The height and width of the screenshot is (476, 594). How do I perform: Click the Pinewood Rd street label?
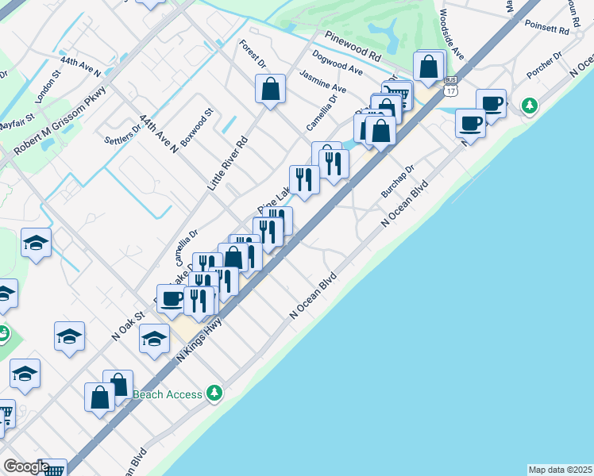click(x=353, y=48)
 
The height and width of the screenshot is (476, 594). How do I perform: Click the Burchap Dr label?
click(x=398, y=182)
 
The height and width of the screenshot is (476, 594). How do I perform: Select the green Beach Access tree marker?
click(x=213, y=392)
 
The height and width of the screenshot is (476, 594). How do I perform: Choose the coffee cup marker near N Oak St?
click(x=172, y=298)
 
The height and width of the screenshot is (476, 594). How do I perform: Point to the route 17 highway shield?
click(x=451, y=86)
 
